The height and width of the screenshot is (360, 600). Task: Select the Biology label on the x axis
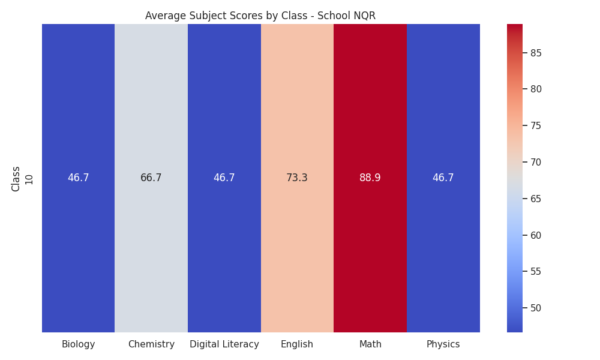point(78,344)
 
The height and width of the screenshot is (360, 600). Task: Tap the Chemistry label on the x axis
point(151,344)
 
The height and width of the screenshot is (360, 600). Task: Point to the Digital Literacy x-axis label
point(224,344)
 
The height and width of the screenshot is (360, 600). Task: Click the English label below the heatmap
point(297,344)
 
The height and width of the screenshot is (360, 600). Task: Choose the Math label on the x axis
point(370,344)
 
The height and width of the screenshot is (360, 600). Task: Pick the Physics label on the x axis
point(443,344)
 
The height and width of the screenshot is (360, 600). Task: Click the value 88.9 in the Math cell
point(370,178)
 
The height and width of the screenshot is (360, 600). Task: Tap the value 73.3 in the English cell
point(297,178)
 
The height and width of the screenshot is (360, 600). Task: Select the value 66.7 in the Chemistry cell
point(151,178)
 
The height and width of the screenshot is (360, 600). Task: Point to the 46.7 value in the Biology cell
point(78,178)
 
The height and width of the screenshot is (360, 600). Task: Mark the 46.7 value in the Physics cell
point(443,178)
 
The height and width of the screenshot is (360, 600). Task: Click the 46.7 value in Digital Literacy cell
point(224,178)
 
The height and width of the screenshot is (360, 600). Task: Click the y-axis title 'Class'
point(16,179)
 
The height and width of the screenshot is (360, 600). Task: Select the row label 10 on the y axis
point(29,179)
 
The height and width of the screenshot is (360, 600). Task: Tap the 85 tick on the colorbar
point(536,53)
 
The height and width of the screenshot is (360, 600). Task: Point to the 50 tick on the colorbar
point(536,308)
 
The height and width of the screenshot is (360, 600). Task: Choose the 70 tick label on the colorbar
point(536,162)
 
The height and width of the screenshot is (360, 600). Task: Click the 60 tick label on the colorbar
point(536,235)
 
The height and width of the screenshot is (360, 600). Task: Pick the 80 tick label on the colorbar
point(536,89)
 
